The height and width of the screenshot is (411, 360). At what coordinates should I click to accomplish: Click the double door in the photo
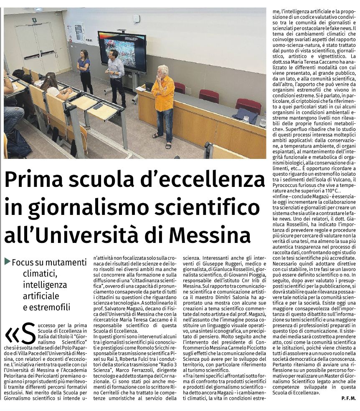36,46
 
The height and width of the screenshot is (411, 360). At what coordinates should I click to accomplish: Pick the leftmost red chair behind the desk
180,88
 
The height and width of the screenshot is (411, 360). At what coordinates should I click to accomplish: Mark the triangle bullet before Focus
8,261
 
